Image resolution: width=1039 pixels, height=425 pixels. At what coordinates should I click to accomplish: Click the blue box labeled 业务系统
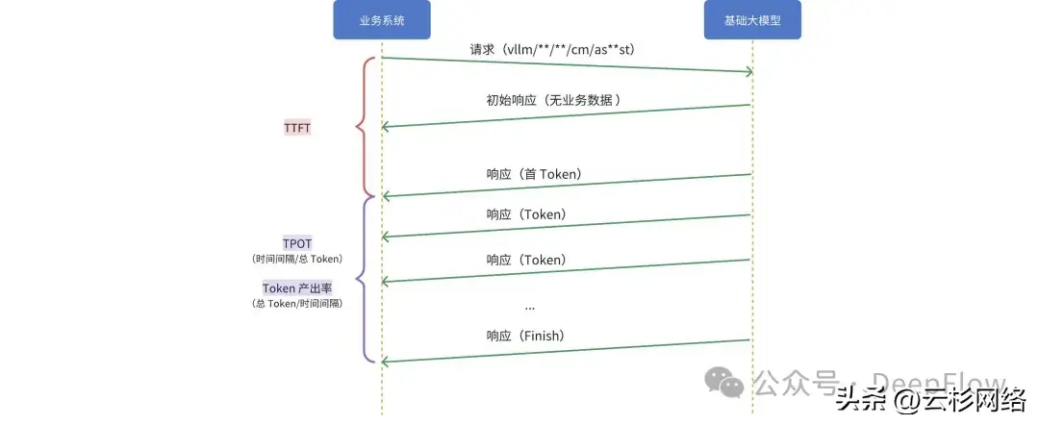tap(381, 20)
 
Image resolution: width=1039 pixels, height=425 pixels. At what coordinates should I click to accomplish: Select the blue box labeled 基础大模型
tap(752, 20)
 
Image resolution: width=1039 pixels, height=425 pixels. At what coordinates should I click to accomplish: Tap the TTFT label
tap(297, 128)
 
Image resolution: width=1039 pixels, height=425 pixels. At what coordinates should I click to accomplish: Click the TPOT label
tap(297, 243)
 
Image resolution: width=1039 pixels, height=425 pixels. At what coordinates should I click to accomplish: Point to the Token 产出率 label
tap(297, 288)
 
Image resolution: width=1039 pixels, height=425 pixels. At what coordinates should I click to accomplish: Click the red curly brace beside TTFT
tap(363, 126)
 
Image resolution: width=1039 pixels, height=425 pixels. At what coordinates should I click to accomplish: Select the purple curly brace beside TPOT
tap(363, 280)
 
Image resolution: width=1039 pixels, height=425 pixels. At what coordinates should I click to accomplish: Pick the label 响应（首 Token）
tap(534, 174)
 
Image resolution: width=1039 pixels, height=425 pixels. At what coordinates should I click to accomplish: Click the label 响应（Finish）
tap(525, 336)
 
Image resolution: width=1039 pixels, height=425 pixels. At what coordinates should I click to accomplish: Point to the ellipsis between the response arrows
tap(530, 306)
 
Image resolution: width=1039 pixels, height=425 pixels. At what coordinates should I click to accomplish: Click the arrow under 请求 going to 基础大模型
tap(567, 64)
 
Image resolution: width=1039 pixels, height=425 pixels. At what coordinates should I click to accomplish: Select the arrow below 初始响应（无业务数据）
tap(567, 116)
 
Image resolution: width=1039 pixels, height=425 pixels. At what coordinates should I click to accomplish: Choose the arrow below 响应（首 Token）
tap(567, 186)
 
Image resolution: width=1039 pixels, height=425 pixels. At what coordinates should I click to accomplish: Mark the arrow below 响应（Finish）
tap(567, 351)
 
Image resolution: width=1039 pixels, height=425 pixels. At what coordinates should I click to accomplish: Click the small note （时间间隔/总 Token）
tap(297, 259)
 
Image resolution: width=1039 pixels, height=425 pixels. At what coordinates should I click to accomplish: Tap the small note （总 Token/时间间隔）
tap(297, 304)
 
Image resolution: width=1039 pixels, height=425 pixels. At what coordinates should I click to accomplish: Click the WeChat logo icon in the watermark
tap(724, 384)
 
